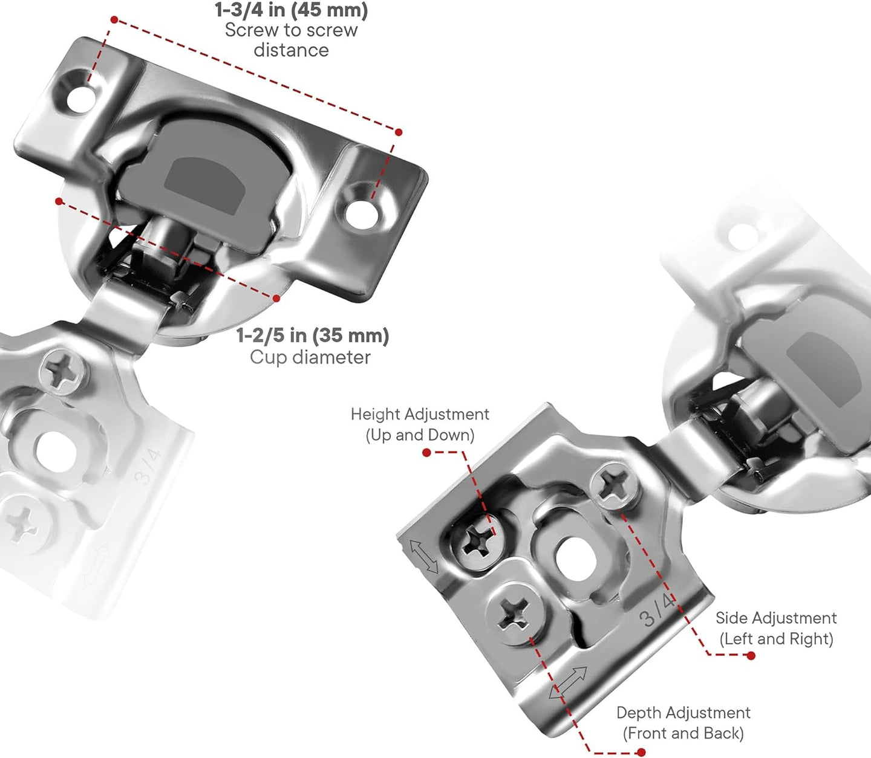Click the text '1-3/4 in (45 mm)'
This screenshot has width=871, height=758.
[291, 10]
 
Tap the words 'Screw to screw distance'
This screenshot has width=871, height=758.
[291, 40]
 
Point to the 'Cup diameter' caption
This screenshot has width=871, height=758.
[310, 357]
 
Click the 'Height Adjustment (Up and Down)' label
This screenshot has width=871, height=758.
[420, 424]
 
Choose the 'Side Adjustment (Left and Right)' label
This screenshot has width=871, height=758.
[776, 628]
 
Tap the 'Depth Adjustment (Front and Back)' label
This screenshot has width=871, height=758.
[683, 723]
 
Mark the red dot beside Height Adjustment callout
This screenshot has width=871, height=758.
[426, 452]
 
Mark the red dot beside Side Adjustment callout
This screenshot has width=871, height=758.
[751, 655]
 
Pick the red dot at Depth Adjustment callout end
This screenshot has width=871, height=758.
[641, 752]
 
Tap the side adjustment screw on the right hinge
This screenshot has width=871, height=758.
[615, 484]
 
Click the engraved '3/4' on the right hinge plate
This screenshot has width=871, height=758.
[656, 611]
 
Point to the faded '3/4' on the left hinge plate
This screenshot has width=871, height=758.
[148, 466]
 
